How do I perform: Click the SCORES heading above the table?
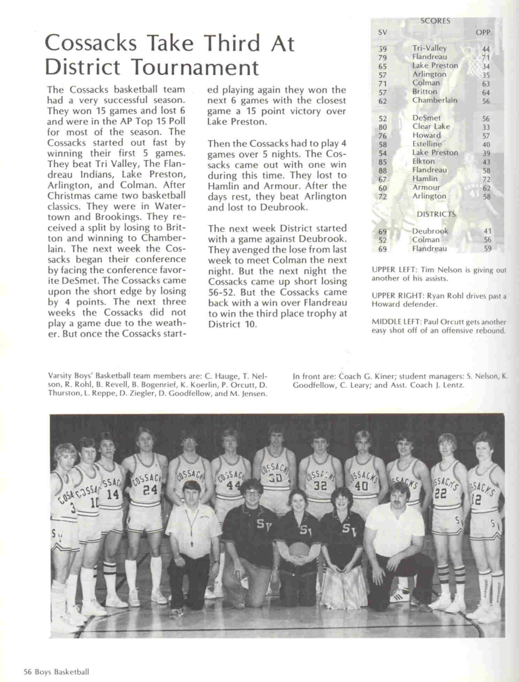pyautogui.click(x=435, y=21)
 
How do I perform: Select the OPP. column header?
pyautogui.click(x=484, y=33)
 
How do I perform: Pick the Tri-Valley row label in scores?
pyautogui.click(x=429, y=48)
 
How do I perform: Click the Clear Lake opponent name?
pyautogui.click(x=431, y=126)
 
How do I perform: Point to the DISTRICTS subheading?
pyautogui.click(x=436, y=214)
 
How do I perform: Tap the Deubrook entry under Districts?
pyautogui.click(x=430, y=231)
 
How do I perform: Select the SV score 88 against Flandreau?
pyautogui.click(x=383, y=171)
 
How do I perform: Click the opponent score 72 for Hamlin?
pyautogui.click(x=486, y=179)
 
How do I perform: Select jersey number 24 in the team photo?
pyautogui.click(x=150, y=490)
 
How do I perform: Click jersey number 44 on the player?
pyautogui.click(x=231, y=485)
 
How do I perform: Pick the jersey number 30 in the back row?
pyautogui.click(x=276, y=478)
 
